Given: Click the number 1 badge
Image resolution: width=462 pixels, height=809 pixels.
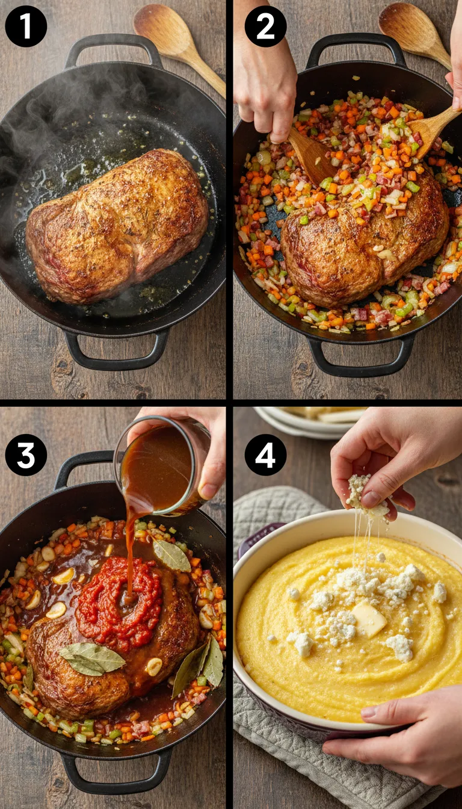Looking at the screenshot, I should (26, 26).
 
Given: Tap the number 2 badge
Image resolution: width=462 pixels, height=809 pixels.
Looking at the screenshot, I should (265, 26).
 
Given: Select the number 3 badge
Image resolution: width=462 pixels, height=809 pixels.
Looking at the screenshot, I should (26, 456).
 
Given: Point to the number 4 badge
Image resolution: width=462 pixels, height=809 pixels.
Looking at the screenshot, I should (265, 456).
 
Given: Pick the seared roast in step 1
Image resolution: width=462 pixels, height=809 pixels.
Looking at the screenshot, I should (117, 226).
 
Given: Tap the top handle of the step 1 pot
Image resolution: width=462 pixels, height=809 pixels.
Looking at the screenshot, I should (114, 46).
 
